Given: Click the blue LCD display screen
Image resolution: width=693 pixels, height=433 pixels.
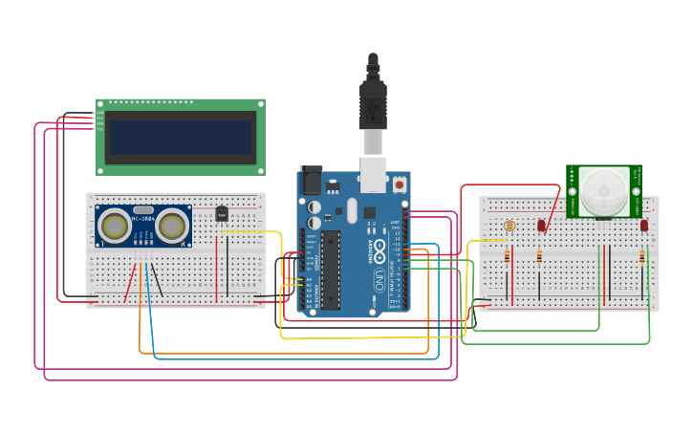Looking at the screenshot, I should pos(181,137).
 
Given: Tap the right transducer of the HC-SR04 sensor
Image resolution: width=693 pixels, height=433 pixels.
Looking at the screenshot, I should pos(172,227).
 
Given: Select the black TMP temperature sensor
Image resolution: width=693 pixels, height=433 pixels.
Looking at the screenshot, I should pos(222,213).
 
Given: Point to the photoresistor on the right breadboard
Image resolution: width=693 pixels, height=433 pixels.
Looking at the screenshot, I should pos(509,226).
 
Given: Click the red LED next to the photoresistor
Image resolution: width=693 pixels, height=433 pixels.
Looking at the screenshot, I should pos(541,226).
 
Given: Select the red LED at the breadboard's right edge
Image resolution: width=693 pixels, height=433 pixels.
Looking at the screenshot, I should pos(644,226).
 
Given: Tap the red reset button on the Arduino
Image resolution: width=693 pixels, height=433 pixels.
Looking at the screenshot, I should pos(399,184).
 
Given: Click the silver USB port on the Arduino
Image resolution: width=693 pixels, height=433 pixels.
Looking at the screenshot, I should pos(373,170).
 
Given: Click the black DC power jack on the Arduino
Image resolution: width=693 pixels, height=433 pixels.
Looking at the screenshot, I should pos(312,181).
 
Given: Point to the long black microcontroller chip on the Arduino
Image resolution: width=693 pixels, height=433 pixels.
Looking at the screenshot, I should pos(331,269).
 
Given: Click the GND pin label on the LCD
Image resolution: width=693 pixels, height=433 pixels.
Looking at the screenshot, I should pos(99,113).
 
